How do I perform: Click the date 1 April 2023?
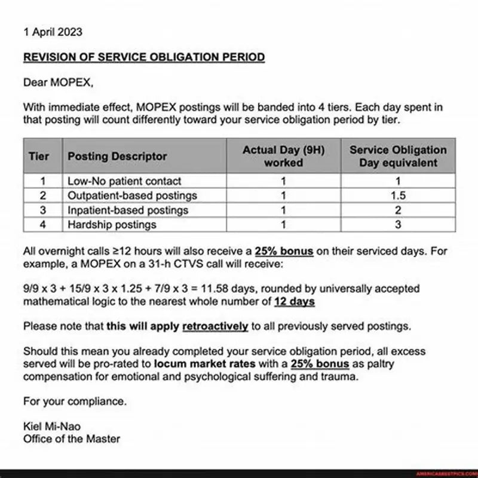pyautogui.click(x=53, y=32)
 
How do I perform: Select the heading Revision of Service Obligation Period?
pyautogui.click(x=143, y=57)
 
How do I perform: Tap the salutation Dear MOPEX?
pyautogui.click(x=58, y=83)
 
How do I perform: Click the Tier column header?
pyautogui.click(x=39, y=156)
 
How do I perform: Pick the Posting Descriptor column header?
pyautogui.click(x=117, y=156)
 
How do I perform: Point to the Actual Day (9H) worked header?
pyautogui.click(x=283, y=156)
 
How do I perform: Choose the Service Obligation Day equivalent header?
pyautogui.click(x=398, y=156)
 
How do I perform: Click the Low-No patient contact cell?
pyautogui.click(x=124, y=181)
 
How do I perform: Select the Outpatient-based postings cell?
pyautogui.click(x=132, y=195)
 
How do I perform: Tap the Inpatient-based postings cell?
pyautogui.click(x=128, y=210)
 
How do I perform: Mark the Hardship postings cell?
pyautogui.click(x=112, y=225)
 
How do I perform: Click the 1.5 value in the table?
pyautogui.click(x=398, y=195)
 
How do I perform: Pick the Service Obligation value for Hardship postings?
pyautogui.click(x=398, y=225)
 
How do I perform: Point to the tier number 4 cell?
pyautogui.click(x=43, y=225)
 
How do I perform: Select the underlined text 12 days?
pyautogui.click(x=295, y=302)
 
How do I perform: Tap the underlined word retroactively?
pyautogui.click(x=215, y=326)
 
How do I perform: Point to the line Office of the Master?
pyautogui.click(x=71, y=439)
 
